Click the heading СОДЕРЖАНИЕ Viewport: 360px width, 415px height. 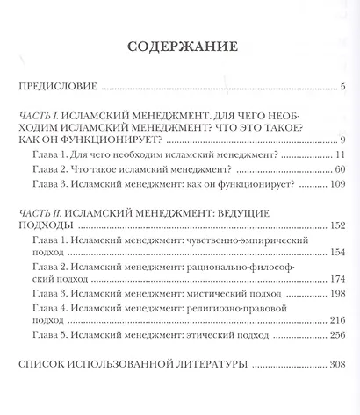pos(179,47)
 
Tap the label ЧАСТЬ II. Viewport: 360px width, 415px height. pos(46,213)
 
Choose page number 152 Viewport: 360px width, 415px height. pos(336,227)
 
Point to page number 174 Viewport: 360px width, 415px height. pos(336,280)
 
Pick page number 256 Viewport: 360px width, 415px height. pos(336,337)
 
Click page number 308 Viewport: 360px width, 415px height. pos(336,364)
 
